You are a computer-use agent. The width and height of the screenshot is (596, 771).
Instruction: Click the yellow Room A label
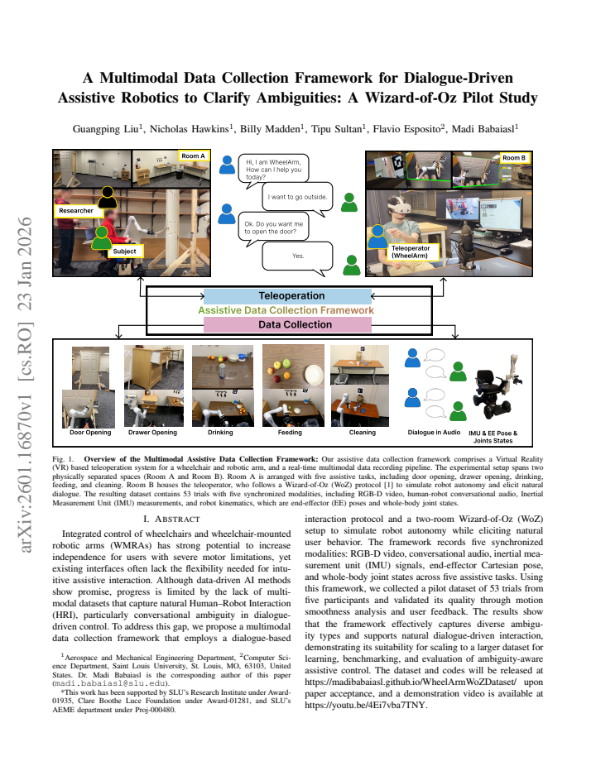(x=194, y=156)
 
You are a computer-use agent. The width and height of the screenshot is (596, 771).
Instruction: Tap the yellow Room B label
(x=514, y=158)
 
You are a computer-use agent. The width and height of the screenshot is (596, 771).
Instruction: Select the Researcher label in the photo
(x=76, y=210)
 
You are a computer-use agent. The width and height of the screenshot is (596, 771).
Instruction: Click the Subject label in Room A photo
(x=124, y=251)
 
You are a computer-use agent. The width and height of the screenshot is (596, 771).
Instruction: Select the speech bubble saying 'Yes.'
(x=297, y=257)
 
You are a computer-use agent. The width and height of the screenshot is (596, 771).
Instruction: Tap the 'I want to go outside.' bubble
(x=297, y=199)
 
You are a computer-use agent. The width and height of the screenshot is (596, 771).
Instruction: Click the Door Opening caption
(x=90, y=432)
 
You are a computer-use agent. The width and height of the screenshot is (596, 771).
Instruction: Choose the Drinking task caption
(x=220, y=432)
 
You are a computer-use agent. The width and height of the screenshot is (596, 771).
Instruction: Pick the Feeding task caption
(x=290, y=432)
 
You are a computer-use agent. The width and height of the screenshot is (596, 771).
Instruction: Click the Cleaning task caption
(x=363, y=432)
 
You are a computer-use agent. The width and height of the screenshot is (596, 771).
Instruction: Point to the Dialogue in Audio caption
(x=434, y=432)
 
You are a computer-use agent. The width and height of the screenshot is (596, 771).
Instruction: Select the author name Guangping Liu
(x=106, y=129)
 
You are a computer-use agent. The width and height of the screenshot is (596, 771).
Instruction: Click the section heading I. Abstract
(x=171, y=520)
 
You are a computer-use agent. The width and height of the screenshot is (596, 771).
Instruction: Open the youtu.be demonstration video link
(x=365, y=705)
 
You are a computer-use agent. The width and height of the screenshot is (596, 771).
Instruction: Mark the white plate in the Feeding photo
(x=314, y=376)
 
